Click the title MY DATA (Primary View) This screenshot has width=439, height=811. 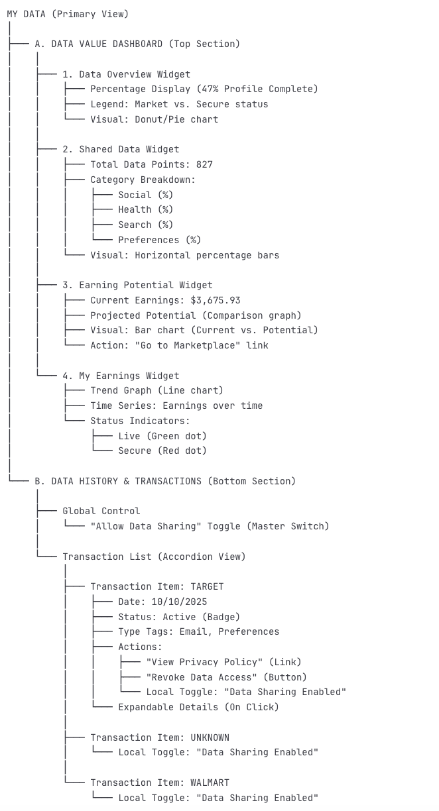[x=68, y=14]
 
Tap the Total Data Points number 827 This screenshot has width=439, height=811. [x=204, y=164]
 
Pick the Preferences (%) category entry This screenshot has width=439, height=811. [x=159, y=240]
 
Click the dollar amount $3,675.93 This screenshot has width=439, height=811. [x=215, y=300]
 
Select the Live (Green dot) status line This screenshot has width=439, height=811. [x=162, y=436]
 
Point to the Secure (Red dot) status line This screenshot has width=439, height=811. [x=162, y=451]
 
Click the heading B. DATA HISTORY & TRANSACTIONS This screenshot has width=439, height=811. [x=165, y=481]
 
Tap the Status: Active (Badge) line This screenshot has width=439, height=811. [x=179, y=617]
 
